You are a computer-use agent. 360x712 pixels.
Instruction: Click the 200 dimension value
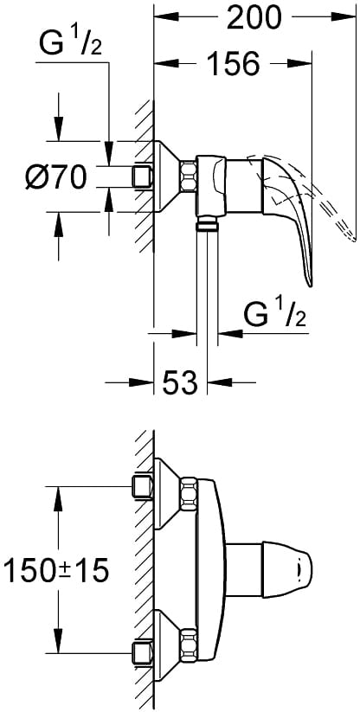pyautogui.click(x=254, y=18)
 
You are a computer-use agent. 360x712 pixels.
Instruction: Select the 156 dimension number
pyautogui.click(x=234, y=63)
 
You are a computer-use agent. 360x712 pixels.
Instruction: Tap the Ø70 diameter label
pyautogui.click(x=56, y=177)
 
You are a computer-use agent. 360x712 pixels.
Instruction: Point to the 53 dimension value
pyautogui.click(x=180, y=382)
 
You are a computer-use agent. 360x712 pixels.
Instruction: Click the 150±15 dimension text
pyautogui.click(x=56, y=571)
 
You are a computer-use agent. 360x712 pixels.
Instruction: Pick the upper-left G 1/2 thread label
pyautogui.click(x=70, y=43)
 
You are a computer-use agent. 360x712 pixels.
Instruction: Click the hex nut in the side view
pyautogui.click(x=188, y=176)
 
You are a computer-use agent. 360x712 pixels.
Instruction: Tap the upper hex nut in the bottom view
pyautogui.click(x=189, y=494)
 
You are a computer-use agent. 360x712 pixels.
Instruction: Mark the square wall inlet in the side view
pyautogui.click(x=142, y=176)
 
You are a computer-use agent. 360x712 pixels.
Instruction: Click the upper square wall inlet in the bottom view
pyautogui.click(x=142, y=486)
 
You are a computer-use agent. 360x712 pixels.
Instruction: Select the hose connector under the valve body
pyautogui.click(x=207, y=224)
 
